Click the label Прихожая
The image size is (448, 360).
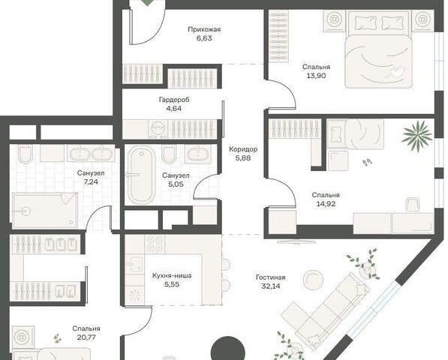tap(204, 29)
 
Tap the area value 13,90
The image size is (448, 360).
tap(316, 76)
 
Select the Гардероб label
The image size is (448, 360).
tap(174, 100)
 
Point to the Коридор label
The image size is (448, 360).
tap(243, 149)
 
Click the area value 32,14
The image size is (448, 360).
tap(271, 286)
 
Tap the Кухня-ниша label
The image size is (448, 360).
tap(172, 276)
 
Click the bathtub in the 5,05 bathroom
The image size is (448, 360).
tap(141, 175)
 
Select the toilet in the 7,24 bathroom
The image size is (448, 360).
tap(26, 153)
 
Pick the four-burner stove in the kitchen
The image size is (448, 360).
tap(155, 244)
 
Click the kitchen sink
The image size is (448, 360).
tap(134, 264)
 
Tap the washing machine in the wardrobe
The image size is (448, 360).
tap(158, 129)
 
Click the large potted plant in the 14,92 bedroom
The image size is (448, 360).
tap(416, 135)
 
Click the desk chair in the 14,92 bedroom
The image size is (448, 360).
tap(413, 205)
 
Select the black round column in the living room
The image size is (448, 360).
tap(227, 349)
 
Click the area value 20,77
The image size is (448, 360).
tap(86, 337)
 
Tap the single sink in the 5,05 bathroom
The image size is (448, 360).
tap(197, 154)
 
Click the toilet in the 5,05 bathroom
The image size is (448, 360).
tap(169, 154)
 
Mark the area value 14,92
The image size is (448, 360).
tap(326, 204)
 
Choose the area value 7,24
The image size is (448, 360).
tap(91, 181)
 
